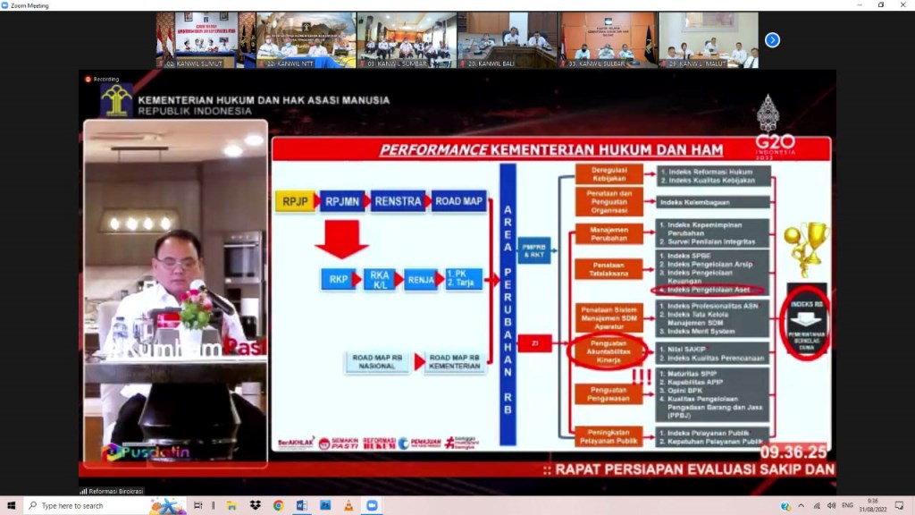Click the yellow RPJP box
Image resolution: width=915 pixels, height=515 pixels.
(x=295, y=201)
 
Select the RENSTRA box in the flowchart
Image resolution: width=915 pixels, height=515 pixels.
(x=398, y=201)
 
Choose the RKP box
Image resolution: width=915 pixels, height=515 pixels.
(x=338, y=279)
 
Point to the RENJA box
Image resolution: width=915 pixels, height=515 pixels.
(x=420, y=279)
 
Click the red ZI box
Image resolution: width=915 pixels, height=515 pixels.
(x=534, y=342)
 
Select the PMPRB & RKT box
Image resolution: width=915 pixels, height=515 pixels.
(x=534, y=250)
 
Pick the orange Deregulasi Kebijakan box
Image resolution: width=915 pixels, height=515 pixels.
(x=609, y=173)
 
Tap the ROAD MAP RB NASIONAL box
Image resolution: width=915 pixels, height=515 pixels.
(x=377, y=361)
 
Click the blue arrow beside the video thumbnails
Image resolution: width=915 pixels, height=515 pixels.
(x=773, y=39)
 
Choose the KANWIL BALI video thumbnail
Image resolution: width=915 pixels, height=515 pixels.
(x=507, y=40)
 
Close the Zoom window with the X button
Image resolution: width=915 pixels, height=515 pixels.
(x=903, y=5)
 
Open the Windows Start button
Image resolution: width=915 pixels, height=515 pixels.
(x=11, y=505)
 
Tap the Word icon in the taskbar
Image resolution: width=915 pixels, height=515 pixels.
(x=301, y=505)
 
